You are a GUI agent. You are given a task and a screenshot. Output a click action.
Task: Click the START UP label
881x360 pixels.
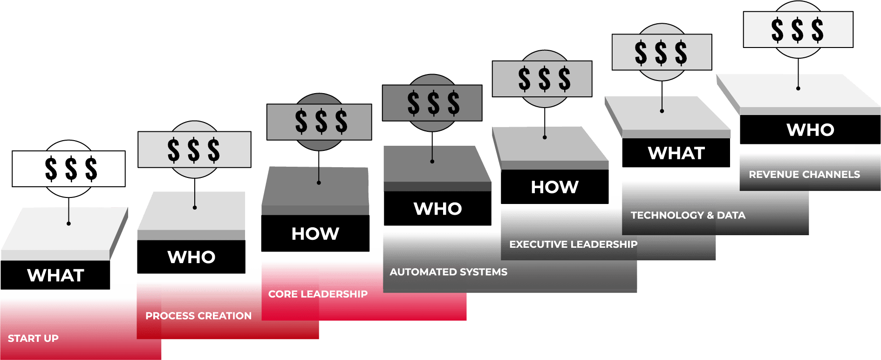click(33, 339)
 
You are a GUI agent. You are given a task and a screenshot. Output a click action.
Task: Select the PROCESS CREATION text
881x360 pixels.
click(198, 316)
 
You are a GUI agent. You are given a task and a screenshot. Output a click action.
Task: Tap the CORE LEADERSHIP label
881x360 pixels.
click(318, 294)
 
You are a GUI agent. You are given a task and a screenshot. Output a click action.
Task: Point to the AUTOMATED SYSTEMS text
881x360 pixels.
click(448, 272)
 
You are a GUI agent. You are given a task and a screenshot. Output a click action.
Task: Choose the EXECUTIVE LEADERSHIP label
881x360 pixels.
click(573, 245)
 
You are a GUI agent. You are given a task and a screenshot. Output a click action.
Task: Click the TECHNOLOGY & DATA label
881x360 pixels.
click(688, 215)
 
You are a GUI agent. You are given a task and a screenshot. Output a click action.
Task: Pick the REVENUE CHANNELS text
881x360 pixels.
click(804, 175)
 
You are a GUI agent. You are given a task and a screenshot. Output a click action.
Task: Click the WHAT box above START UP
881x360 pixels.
click(55, 275)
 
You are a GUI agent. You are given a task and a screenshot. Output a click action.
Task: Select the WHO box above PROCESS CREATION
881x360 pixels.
click(191, 257)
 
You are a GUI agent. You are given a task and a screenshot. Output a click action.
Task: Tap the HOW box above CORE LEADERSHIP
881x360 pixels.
click(315, 234)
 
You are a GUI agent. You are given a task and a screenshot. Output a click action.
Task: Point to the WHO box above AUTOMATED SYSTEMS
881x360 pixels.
click(437, 209)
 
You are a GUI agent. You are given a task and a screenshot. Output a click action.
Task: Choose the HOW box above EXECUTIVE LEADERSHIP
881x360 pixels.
click(554, 187)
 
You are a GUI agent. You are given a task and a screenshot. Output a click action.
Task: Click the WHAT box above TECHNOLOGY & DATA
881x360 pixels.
click(676, 153)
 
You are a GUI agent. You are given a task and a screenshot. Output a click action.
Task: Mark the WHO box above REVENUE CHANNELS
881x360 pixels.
click(810, 130)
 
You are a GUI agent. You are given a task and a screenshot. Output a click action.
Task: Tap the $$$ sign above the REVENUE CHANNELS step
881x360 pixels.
click(798, 30)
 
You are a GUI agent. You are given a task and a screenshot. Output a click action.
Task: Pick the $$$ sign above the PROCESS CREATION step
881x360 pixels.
click(194, 149)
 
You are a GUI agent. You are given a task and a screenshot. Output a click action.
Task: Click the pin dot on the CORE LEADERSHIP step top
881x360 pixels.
click(319, 183)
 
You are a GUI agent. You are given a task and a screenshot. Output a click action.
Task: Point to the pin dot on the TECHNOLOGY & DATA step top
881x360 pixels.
click(662, 111)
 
